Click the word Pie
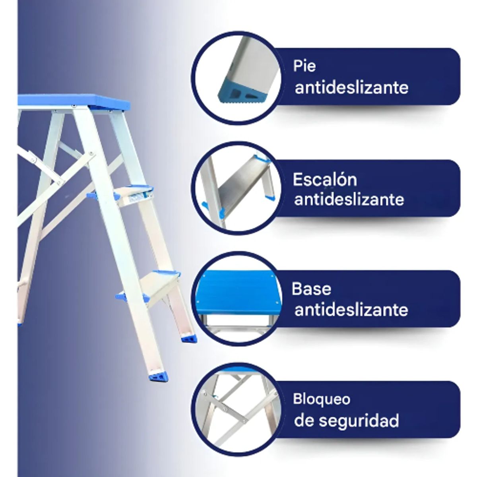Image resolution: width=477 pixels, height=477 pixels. click(x=304, y=66)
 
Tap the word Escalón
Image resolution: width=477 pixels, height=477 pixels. click(x=325, y=180)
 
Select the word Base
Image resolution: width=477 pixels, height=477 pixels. click(x=311, y=289)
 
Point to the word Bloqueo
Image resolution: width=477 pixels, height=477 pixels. click(x=322, y=399)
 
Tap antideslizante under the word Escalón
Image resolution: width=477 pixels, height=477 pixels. click(x=349, y=199)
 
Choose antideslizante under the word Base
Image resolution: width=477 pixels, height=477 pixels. click(x=351, y=310)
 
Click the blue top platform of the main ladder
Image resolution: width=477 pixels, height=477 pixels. click(x=76, y=101)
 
